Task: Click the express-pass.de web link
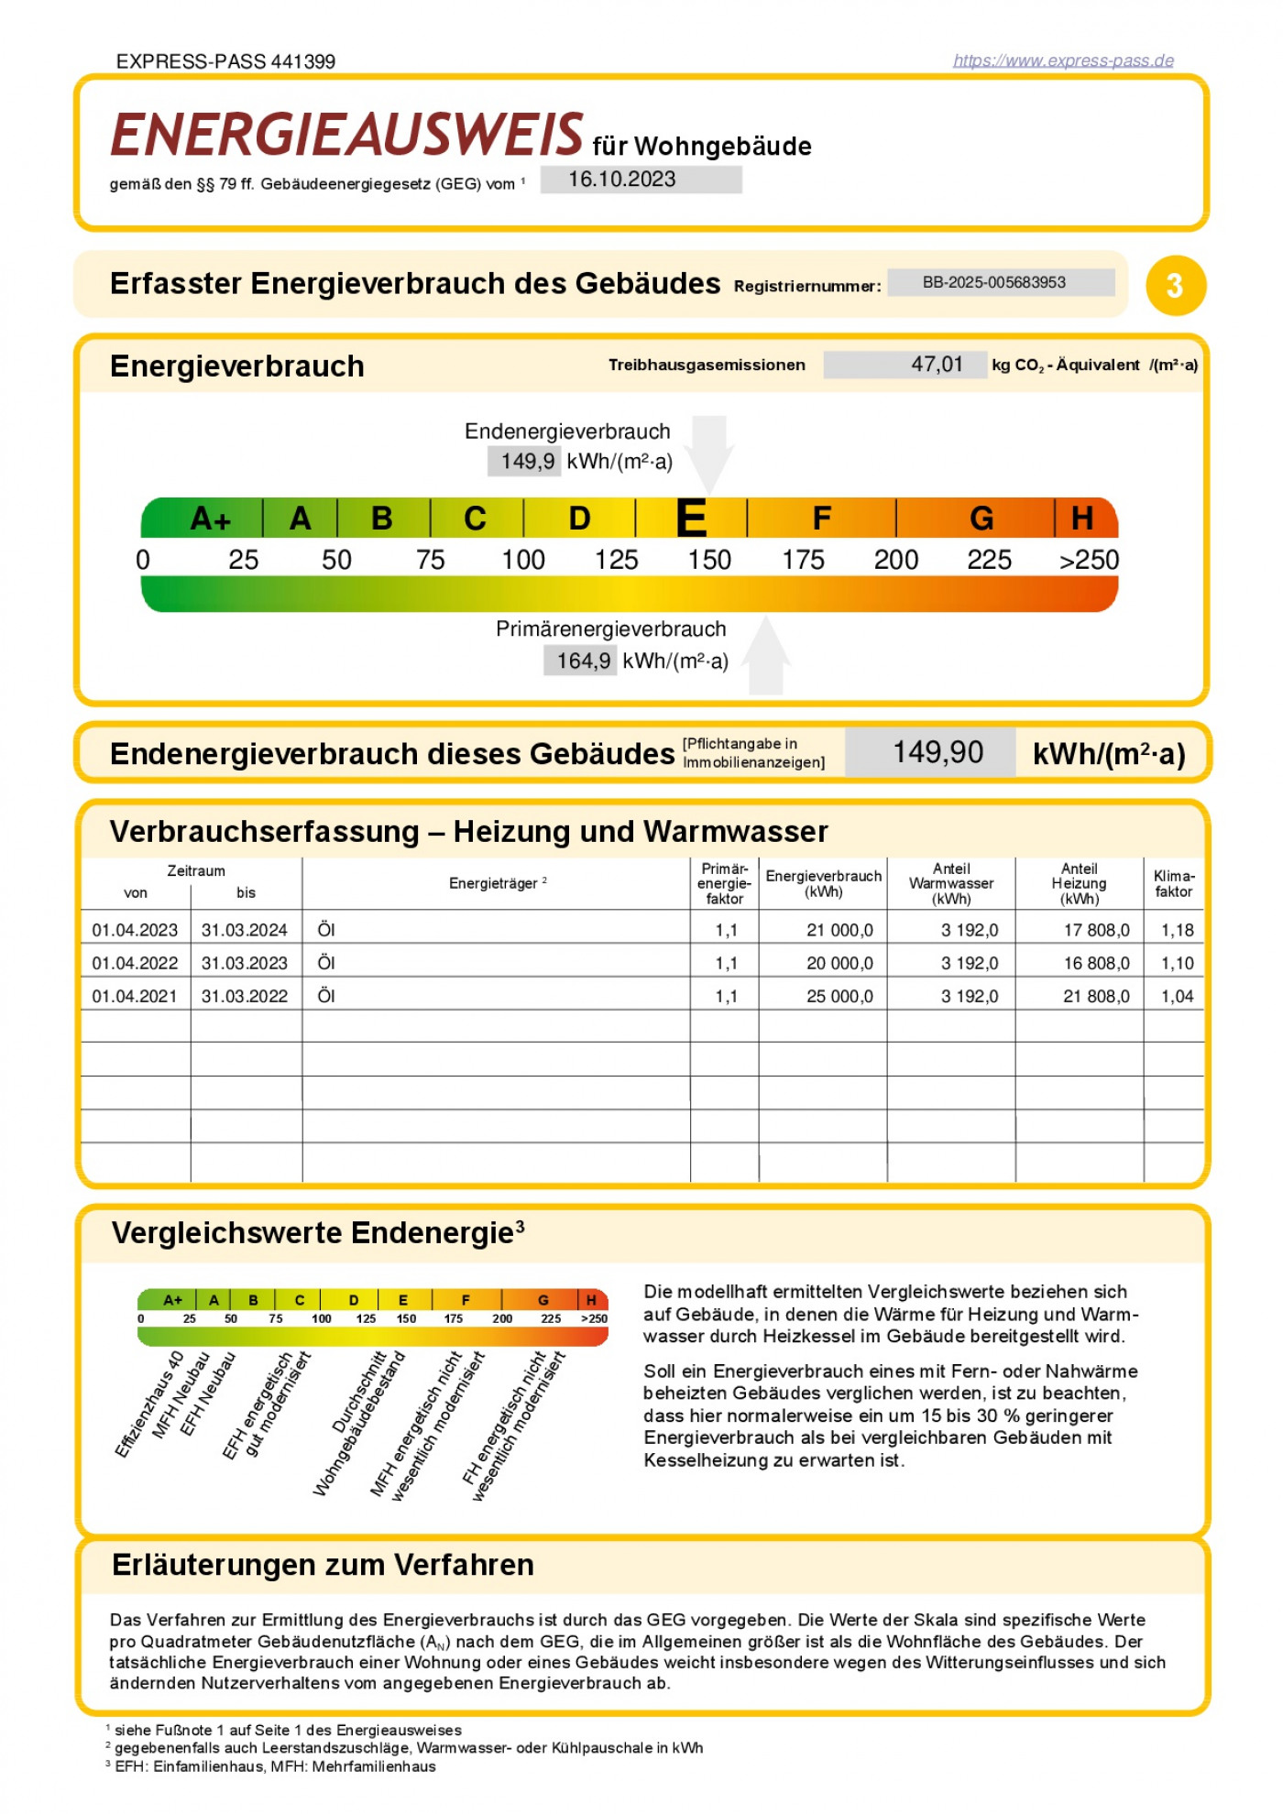tap(1063, 60)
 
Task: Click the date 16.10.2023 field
tap(641, 180)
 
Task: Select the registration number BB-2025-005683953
tap(1001, 282)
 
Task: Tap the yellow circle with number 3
tap(1176, 286)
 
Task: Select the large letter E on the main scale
tap(691, 519)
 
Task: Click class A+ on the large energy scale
tap(210, 519)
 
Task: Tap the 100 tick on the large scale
tap(523, 560)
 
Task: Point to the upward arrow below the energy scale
tap(766, 654)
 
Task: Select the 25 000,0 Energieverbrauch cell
tap(839, 996)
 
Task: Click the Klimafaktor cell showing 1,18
tap(1177, 930)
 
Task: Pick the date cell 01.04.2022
tap(135, 963)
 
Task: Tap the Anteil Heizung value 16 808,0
tap(1096, 963)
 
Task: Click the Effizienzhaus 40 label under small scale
tap(149, 1404)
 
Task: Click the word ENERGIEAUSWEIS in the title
tap(346, 136)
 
